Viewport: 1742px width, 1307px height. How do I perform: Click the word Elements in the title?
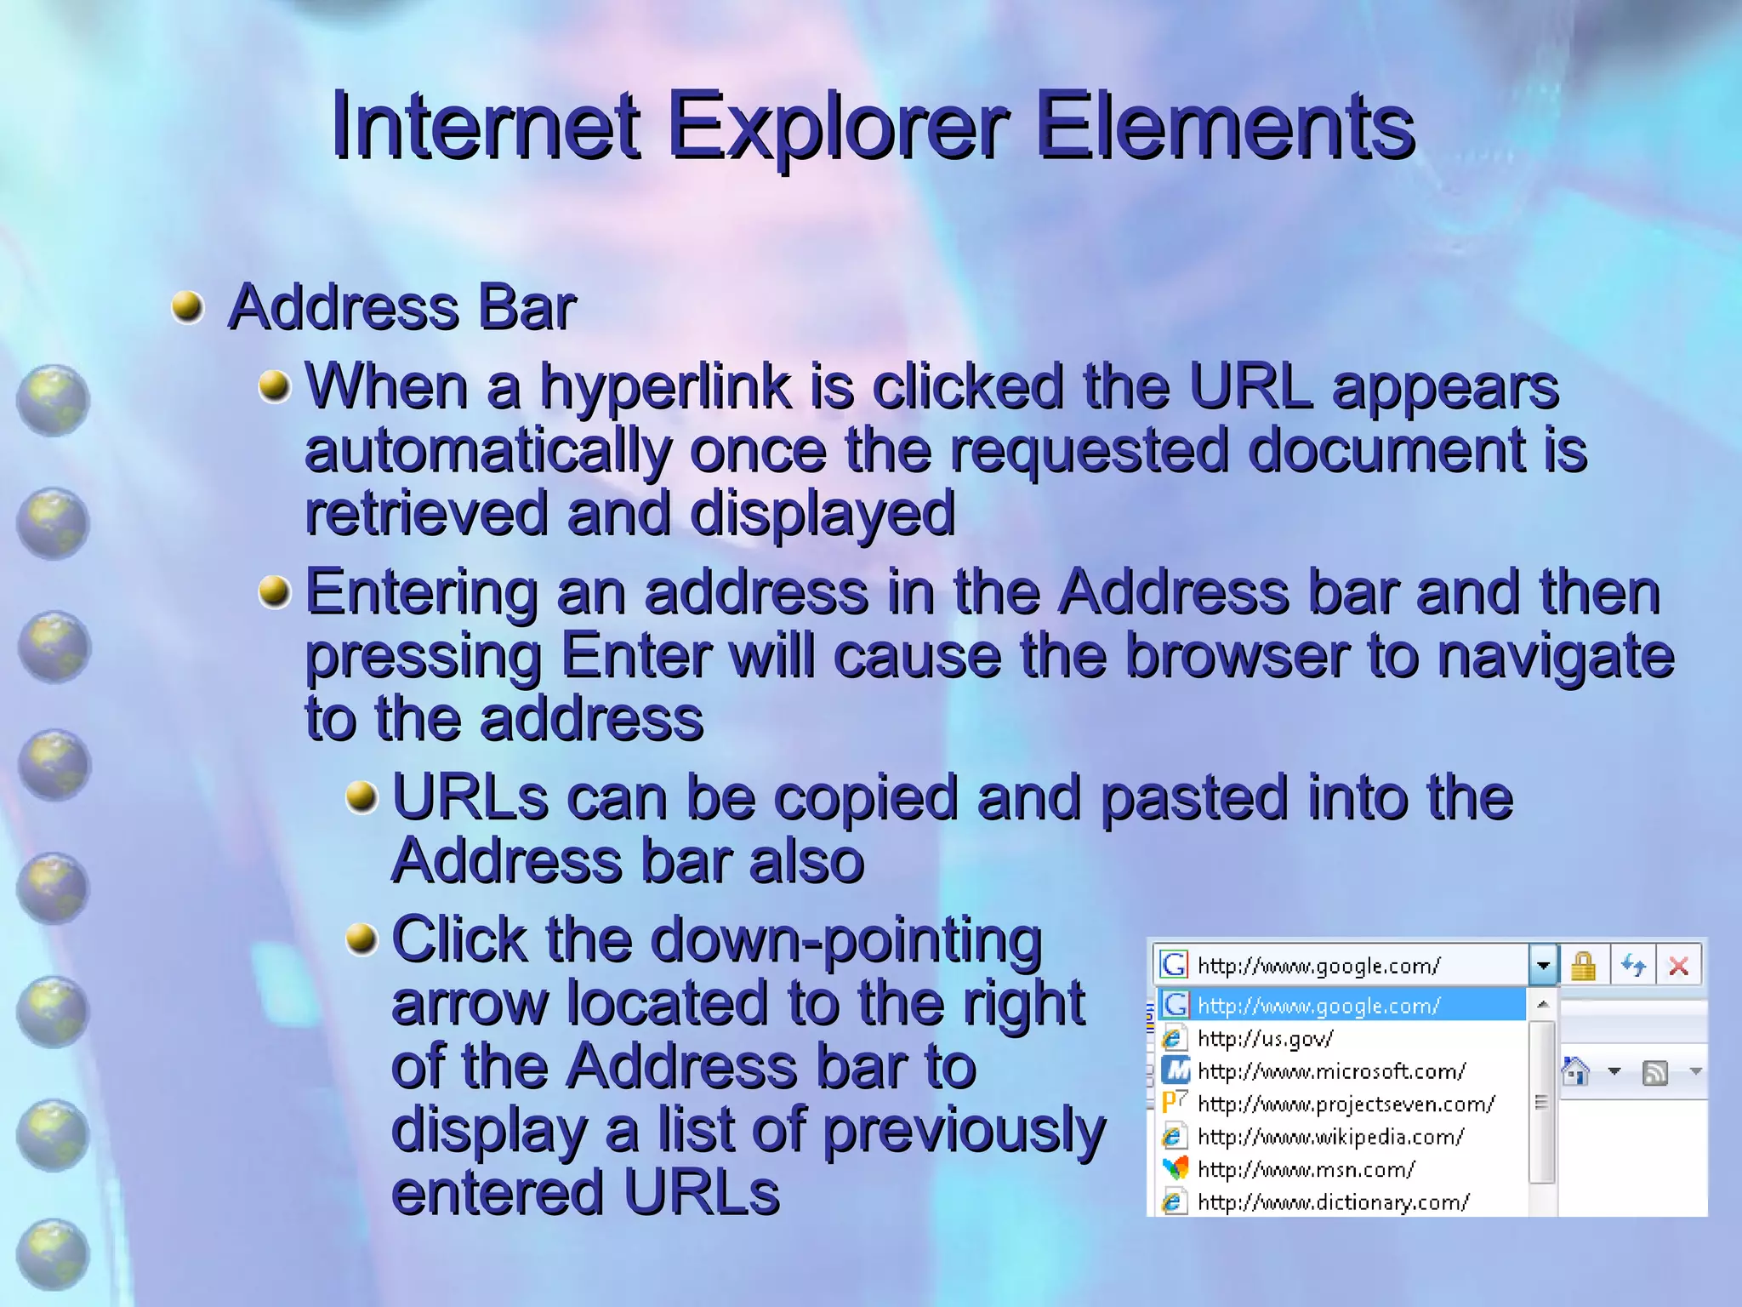(1225, 128)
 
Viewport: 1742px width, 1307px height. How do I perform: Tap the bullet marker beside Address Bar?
(188, 307)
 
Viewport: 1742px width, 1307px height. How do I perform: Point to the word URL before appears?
(1250, 386)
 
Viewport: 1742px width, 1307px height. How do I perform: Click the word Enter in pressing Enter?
(636, 656)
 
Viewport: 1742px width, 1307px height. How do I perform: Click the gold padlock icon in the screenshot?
(1583, 966)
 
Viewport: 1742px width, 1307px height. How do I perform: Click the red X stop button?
(1679, 966)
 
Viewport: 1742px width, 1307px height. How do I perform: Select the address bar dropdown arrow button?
(1543, 966)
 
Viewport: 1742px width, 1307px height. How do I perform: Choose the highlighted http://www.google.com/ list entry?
(1318, 1006)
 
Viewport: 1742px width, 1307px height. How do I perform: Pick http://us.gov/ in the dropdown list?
(1265, 1039)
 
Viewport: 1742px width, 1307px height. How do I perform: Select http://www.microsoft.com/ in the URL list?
(1331, 1071)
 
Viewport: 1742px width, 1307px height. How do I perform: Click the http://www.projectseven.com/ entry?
(1346, 1104)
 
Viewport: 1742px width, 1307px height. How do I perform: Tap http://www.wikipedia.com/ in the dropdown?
(1330, 1137)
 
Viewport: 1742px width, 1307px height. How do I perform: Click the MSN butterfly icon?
(1175, 1169)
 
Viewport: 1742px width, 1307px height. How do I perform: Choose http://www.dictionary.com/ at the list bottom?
(1333, 1202)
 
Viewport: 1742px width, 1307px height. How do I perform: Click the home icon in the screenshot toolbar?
(1576, 1071)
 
